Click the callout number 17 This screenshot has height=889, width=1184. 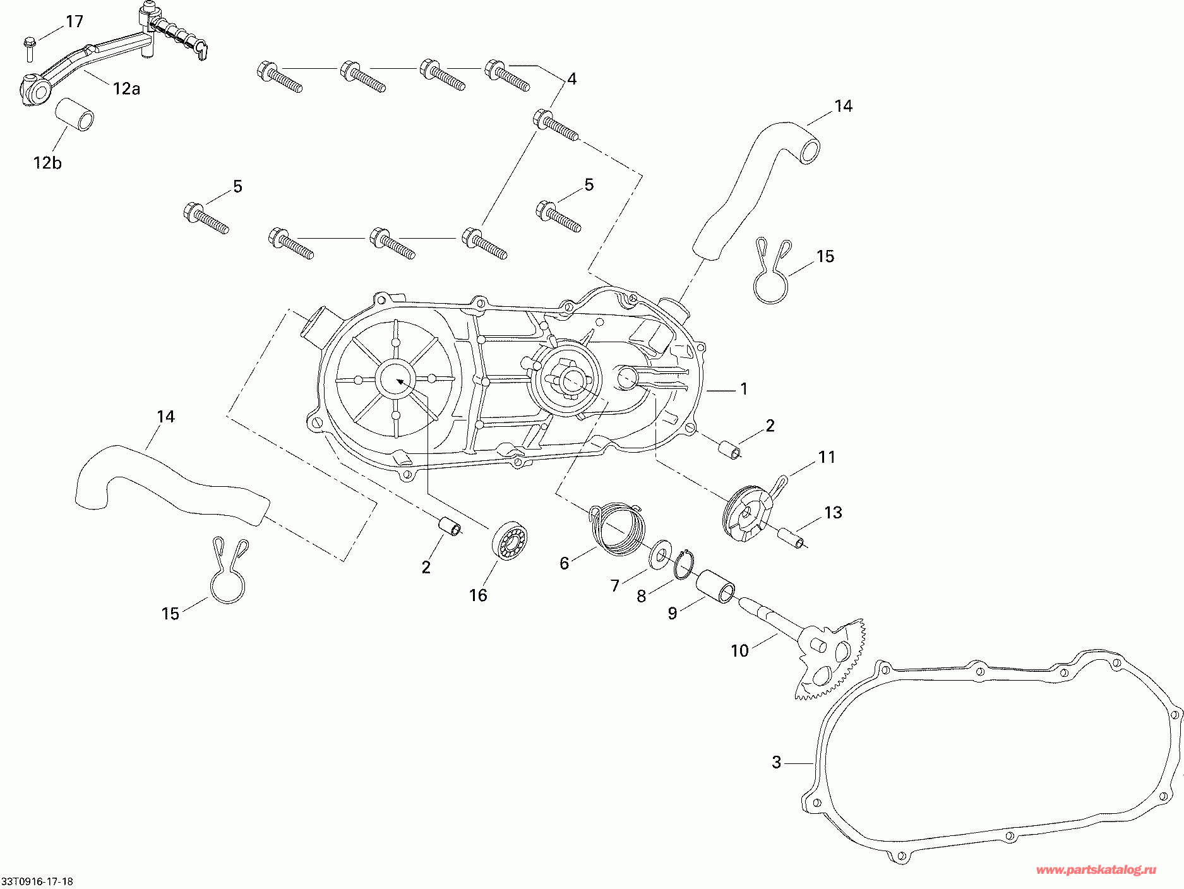(75, 22)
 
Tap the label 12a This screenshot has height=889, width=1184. (126, 89)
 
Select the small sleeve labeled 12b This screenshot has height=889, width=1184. (75, 113)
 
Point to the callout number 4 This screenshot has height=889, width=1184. (571, 79)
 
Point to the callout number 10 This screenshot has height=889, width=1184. (739, 650)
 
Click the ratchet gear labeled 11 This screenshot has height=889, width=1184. (747, 512)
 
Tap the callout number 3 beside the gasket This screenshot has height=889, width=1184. (777, 762)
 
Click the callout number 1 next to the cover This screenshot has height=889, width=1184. (744, 388)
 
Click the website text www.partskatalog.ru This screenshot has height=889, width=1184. (1096, 870)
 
